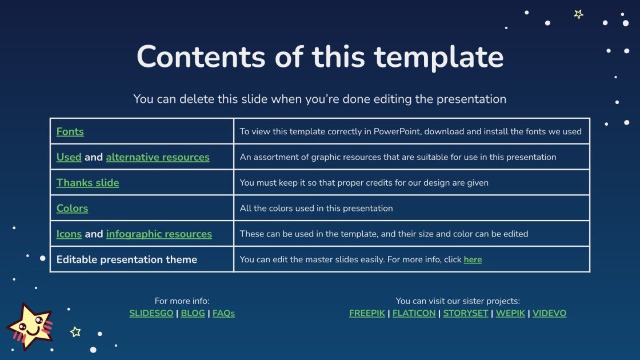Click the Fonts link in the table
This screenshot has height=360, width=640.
click(x=70, y=131)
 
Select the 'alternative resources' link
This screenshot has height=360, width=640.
click(x=158, y=157)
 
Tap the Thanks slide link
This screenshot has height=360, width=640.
click(x=87, y=183)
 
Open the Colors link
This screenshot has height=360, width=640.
click(x=72, y=209)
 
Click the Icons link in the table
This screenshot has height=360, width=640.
click(x=69, y=234)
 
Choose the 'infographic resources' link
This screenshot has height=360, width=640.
click(x=159, y=234)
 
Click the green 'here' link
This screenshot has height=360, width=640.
click(x=473, y=259)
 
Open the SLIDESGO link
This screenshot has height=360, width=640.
click(x=151, y=313)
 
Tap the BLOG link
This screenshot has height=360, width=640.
click(x=193, y=313)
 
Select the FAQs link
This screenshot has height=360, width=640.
click(x=223, y=313)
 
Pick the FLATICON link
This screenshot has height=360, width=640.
click(x=414, y=313)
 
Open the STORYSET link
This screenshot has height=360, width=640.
click(x=465, y=313)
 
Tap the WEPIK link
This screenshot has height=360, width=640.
click(x=510, y=313)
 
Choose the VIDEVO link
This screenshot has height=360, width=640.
click(x=549, y=313)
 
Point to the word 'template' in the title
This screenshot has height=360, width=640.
click(x=439, y=57)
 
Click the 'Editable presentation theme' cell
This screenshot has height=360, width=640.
click(x=127, y=259)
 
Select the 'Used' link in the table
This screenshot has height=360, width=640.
click(x=69, y=157)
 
